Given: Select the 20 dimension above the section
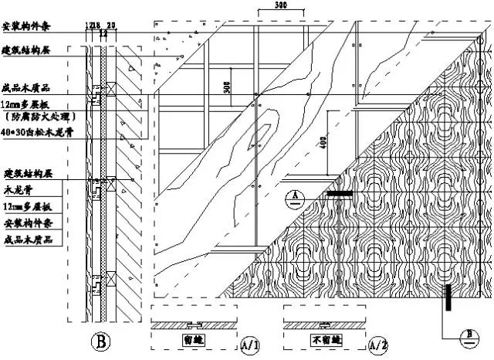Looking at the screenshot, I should pyautogui.click(x=111, y=25).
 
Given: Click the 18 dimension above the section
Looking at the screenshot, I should pyautogui.click(x=97, y=25).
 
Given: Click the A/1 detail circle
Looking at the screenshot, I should pyautogui.click(x=249, y=343).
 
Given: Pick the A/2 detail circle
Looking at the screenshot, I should pyautogui.click(x=378, y=343).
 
